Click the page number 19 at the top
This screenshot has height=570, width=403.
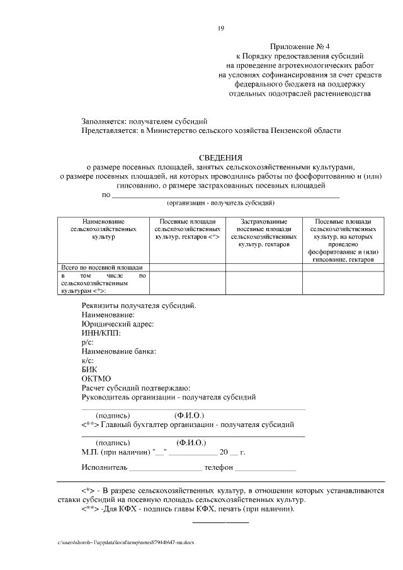[220, 27]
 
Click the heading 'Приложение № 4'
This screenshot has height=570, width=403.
[295, 47]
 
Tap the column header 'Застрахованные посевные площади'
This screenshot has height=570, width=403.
[264, 232]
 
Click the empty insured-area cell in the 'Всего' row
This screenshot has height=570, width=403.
[264, 267]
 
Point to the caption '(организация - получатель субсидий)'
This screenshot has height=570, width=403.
[220, 204]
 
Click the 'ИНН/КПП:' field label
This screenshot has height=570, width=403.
[101, 333]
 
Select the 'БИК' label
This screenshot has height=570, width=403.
[90, 369]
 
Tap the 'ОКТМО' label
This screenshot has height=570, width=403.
[96, 379]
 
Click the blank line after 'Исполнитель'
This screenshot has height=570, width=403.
[165, 469]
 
